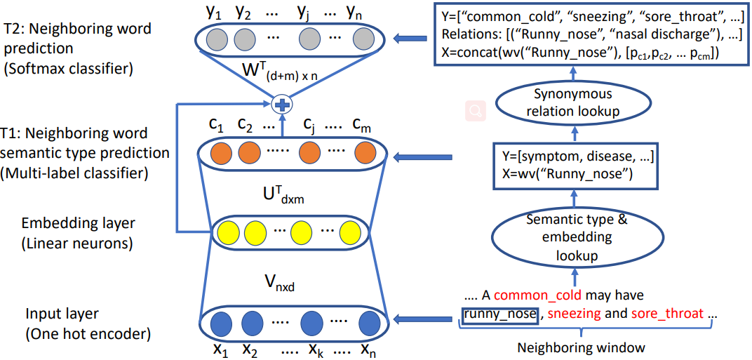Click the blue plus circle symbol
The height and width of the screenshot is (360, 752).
[x=282, y=105]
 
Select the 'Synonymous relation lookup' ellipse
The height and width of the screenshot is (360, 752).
[x=572, y=102]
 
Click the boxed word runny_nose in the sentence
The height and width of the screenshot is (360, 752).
[x=499, y=314]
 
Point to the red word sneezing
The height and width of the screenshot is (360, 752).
[x=573, y=314]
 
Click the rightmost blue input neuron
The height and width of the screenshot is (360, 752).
[x=368, y=324]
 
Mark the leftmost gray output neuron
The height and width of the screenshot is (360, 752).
[x=217, y=38]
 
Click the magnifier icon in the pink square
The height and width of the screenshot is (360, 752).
[x=476, y=109]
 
